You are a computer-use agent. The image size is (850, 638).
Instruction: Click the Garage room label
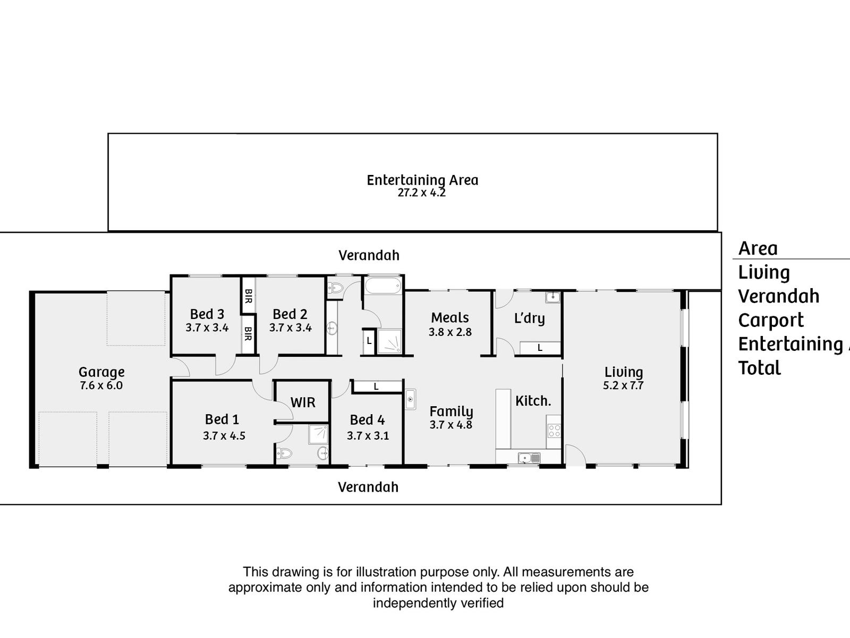tap(101, 372)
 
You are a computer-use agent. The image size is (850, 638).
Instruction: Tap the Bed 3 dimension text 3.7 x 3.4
tap(207, 328)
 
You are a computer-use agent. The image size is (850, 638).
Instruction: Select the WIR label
tap(303, 402)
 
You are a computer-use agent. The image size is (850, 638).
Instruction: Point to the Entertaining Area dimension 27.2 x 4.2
tap(422, 193)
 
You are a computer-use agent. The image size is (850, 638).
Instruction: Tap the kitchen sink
tap(529, 457)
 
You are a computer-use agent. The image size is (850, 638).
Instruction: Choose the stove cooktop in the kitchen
tap(554, 430)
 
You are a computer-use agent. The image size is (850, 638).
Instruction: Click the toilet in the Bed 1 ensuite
tap(285, 454)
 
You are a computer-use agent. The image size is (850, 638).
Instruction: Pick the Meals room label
tap(450, 318)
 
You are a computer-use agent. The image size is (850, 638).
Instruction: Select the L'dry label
tap(529, 318)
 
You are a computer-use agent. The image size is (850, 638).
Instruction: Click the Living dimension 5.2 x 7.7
tap(623, 385)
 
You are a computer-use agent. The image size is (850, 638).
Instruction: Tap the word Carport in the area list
tap(771, 321)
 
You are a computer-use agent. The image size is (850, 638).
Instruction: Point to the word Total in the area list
tap(760, 368)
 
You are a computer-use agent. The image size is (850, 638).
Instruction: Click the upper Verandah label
tap(369, 255)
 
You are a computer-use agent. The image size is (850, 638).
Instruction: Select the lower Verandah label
tap(368, 487)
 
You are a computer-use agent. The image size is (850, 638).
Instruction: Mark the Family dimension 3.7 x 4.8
tap(450, 425)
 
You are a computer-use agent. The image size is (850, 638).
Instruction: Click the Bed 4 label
tap(367, 420)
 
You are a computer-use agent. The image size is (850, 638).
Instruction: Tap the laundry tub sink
tap(552, 297)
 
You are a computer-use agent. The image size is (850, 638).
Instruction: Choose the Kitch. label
tap(533, 401)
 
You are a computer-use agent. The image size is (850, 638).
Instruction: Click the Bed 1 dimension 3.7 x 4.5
tap(224, 436)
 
